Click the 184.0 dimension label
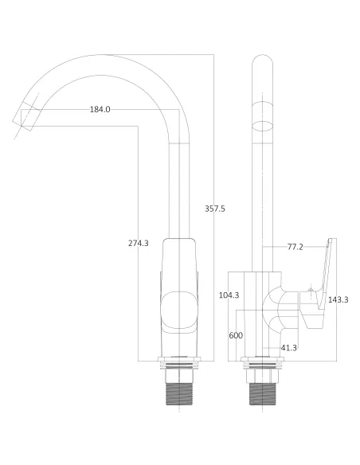[100, 109]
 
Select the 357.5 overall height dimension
[215, 209]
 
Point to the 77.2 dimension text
[295, 247]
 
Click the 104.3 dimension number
[229, 295]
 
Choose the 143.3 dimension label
[338, 299]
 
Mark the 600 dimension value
[236, 335]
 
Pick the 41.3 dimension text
[288, 348]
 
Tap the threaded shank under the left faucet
[180, 393]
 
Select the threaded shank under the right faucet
[264, 393]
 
